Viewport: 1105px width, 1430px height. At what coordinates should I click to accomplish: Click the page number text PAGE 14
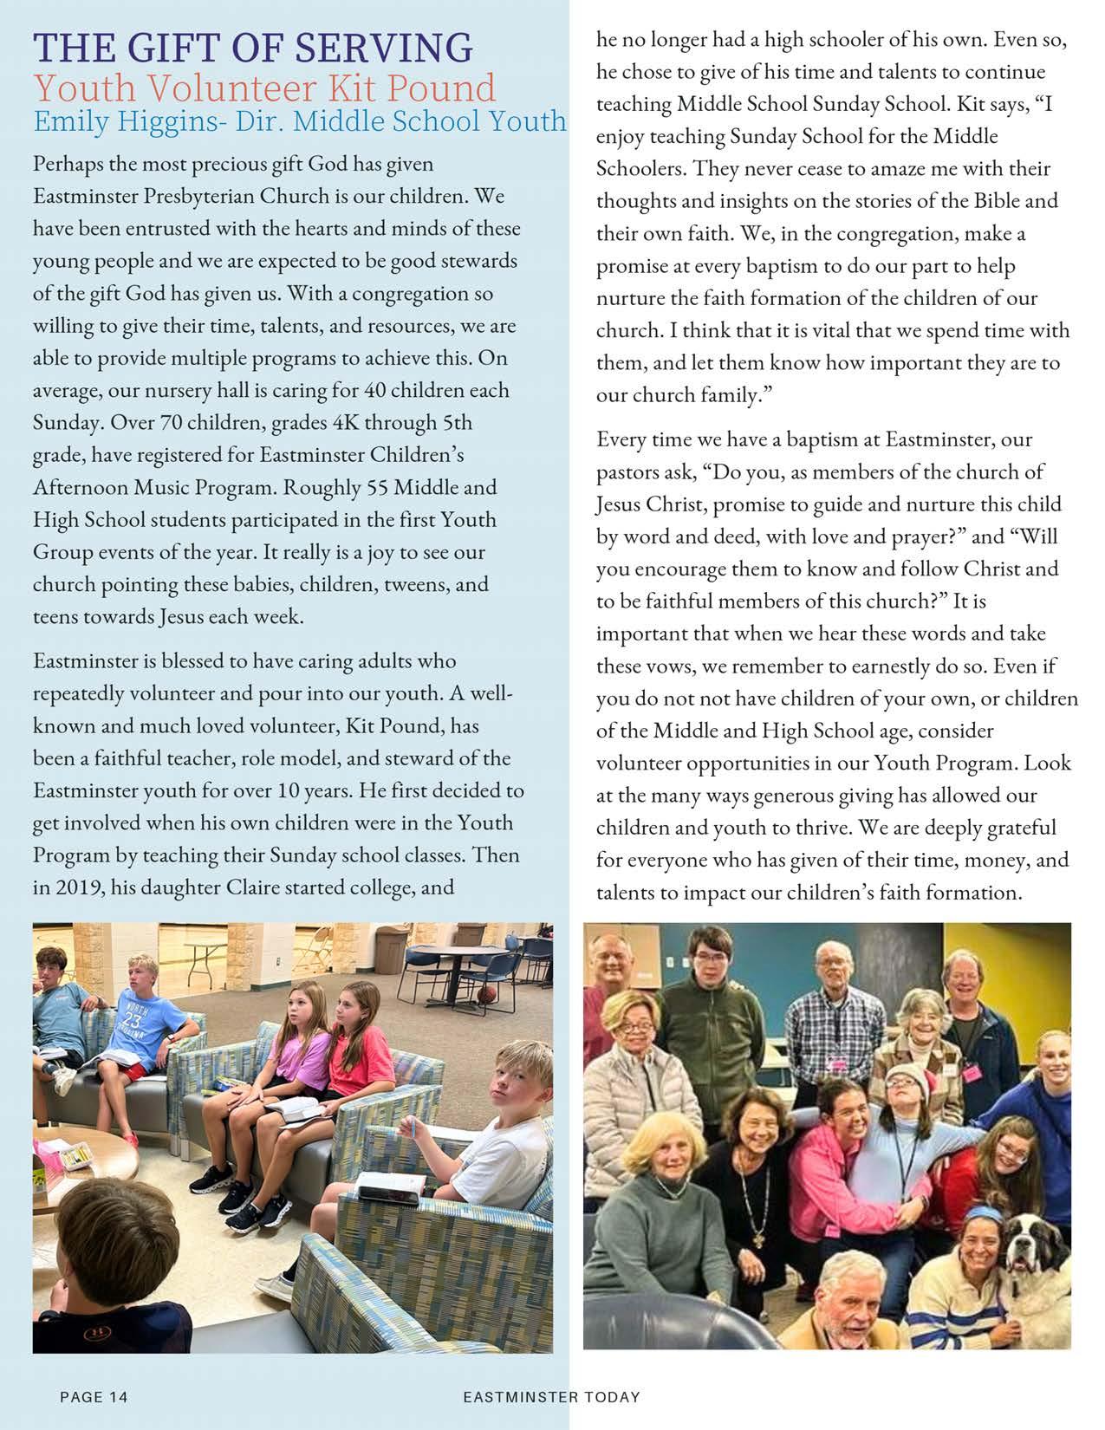94,1396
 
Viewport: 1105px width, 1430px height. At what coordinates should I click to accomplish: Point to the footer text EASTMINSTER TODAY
551,1396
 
